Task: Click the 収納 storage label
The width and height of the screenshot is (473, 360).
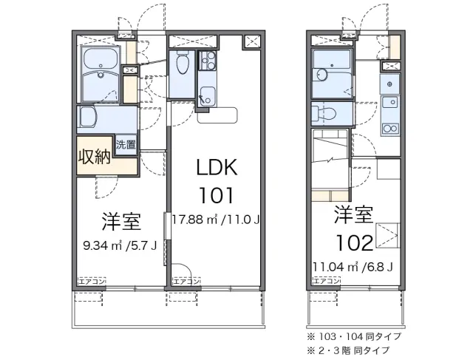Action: point(94,157)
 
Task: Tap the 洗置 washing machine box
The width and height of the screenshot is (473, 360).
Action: point(126,145)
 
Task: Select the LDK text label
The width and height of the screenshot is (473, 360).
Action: point(217,168)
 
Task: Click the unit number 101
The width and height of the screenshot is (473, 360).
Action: point(216,195)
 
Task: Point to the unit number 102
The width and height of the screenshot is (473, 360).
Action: point(355,243)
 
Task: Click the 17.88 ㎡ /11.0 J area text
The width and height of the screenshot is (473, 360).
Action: point(216,220)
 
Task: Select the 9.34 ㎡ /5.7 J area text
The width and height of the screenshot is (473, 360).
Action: point(120,246)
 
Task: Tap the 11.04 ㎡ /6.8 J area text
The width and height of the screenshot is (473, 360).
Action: point(353,267)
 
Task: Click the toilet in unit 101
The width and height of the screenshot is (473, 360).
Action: point(183,62)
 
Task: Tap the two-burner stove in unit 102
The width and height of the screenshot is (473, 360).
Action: point(390,129)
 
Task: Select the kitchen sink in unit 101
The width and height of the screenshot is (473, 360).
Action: point(207,96)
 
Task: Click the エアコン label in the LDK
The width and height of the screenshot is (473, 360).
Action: point(186,282)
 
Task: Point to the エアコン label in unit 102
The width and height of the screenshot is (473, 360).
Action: point(327,281)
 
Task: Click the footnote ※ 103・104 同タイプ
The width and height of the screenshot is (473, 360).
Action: point(354,336)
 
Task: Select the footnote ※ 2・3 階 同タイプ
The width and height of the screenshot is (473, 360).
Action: point(348,350)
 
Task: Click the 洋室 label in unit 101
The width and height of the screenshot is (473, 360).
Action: point(121,222)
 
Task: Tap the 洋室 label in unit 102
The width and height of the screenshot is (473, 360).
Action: point(353,214)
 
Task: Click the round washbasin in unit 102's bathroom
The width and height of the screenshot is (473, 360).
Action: point(320,75)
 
